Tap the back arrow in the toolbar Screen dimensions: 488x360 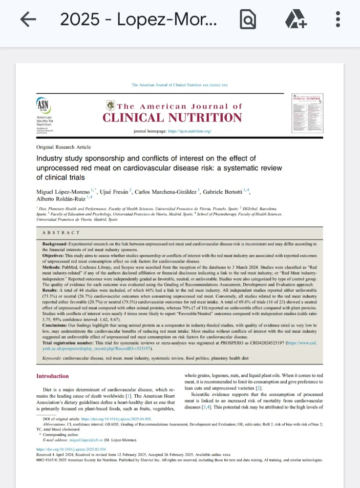pos(28,20)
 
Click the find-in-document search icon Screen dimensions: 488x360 pos(248,20)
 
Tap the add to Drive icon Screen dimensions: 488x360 pos(296,20)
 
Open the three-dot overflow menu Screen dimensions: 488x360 pos(338,20)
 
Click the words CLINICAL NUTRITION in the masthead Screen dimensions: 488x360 pos(172,118)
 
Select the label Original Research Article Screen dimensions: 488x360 pos(64,147)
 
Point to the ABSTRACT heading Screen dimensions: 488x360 pos(61,233)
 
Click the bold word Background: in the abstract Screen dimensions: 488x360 pos(55,244)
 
